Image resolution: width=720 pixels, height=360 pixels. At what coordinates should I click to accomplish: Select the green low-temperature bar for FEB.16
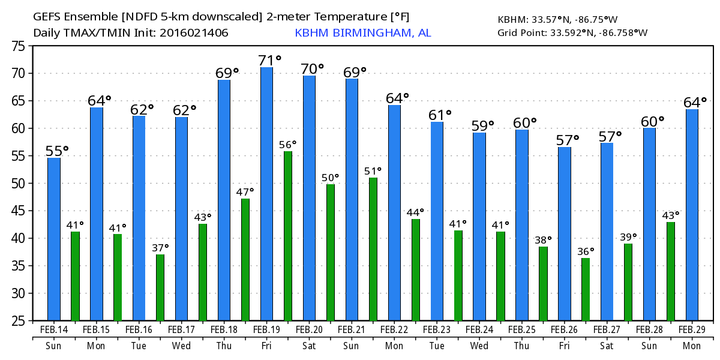pos(160,287)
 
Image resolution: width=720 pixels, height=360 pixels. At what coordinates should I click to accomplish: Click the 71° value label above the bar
pos(270,61)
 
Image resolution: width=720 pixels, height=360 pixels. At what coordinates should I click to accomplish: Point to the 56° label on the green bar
pos(288,145)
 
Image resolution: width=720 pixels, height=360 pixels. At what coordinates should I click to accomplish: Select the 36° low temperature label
pos(586,251)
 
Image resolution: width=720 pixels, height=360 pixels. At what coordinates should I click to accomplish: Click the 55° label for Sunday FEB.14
pos(57,151)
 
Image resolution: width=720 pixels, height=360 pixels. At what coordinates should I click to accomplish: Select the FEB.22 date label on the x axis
pos(394,330)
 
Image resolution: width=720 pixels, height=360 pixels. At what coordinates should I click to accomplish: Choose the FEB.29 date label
pos(692,330)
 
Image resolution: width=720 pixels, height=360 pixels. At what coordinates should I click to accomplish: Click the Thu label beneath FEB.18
pos(224,346)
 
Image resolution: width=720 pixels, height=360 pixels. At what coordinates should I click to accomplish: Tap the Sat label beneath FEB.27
pos(607,346)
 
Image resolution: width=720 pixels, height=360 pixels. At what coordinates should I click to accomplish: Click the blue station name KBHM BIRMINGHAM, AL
pos(362,32)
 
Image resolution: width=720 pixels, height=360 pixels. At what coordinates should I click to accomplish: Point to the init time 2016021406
pos(194,32)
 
